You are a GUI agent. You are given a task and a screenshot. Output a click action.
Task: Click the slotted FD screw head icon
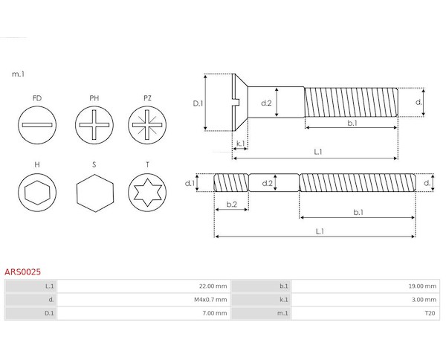pyautogui.click(x=37, y=125)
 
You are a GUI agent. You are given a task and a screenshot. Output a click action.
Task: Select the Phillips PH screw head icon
pyautogui.click(x=94, y=125)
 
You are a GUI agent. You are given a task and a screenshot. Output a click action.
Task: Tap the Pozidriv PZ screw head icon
pyautogui.click(x=147, y=125)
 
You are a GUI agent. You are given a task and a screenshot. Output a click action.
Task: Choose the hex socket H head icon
pyautogui.click(x=37, y=193)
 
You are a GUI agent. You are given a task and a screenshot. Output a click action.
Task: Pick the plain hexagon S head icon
pyautogui.click(x=95, y=193)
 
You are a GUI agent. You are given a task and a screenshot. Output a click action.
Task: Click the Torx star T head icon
pyautogui.click(x=147, y=193)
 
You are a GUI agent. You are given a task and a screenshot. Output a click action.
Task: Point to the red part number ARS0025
pyautogui.click(x=23, y=271)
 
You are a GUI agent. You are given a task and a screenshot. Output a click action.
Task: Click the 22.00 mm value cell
pyautogui.click(x=143, y=286)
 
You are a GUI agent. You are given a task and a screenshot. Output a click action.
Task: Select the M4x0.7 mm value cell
pyautogui.click(x=143, y=300)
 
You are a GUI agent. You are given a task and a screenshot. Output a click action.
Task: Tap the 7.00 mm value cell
pyautogui.click(x=143, y=313)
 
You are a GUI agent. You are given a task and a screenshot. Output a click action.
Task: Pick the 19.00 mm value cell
pyautogui.click(x=366, y=286)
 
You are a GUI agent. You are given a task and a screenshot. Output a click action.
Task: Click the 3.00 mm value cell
pyautogui.click(x=366, y=300)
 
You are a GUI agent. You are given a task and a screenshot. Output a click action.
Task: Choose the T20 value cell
pyautogui.click(x=366, y=313)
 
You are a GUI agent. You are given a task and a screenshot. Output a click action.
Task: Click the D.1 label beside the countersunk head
pyautogui.click(x=198, y=103)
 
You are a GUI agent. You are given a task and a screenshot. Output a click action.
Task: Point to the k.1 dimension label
pyautogui.click(x=241, y=144)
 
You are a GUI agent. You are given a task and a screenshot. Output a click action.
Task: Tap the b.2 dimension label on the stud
pyautogui.click(x=232, y=204)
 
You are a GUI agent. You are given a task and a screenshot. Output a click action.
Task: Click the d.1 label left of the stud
pyautogui.click(x=190, y=183)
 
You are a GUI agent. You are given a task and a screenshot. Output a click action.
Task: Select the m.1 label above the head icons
pyautogui.click(x=18, y=74)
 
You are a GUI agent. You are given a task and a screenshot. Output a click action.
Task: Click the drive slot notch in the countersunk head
pyautogui.click(x=236, y=102)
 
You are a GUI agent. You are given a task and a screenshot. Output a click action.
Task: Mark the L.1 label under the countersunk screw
pyautogui.click(x=318, y=152)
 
